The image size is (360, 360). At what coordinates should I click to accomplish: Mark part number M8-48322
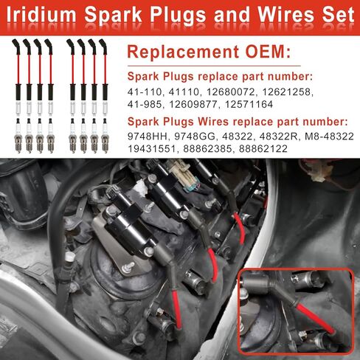coord(317,136)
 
